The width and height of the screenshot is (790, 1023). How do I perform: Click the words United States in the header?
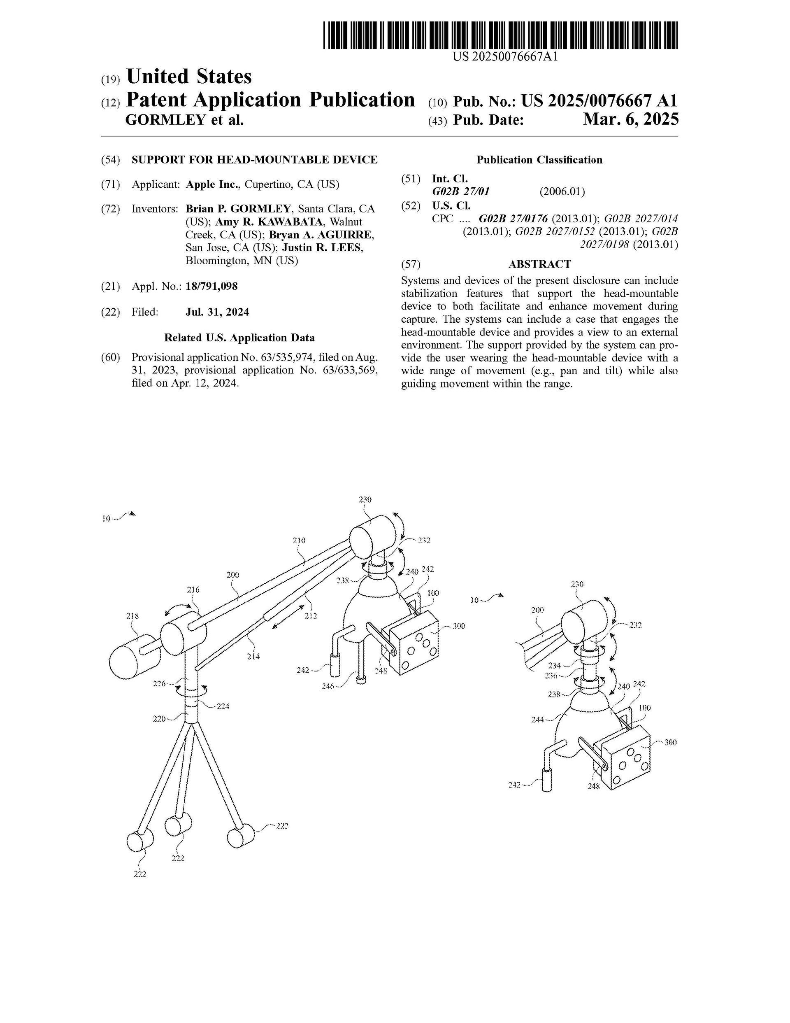coord(189,76)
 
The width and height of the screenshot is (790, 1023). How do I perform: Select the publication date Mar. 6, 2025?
coord(630,120)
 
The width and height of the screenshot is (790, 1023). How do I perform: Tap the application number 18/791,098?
coord(211,286)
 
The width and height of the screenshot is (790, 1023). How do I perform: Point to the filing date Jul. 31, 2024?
coord(217,312)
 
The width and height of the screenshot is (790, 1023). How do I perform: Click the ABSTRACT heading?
coord(539,264)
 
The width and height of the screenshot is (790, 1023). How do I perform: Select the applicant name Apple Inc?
coord(213,184)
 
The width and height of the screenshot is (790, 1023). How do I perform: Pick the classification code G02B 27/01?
coord(461,191)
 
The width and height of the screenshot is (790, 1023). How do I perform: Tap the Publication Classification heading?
coord(539,160)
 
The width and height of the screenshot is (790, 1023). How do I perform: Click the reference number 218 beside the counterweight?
coord(132,615)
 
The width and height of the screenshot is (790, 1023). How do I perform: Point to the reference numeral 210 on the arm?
coord(299,540)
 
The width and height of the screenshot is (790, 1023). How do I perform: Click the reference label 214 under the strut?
coord(253,656)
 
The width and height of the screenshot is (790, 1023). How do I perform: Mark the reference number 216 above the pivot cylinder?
coord(193,590)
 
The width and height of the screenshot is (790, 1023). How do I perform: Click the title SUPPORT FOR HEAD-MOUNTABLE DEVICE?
coord(254,160)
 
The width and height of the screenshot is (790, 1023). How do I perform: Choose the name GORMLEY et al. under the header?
coord(184,120)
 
